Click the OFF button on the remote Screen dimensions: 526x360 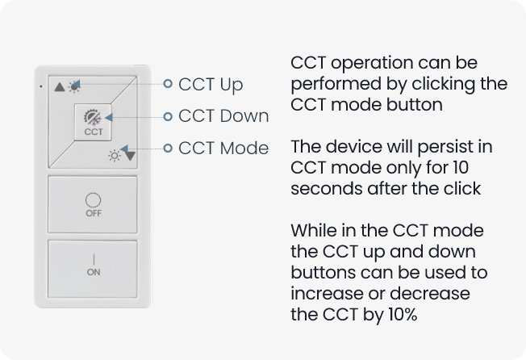pos(93,204)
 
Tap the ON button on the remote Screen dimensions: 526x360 pos(93,269)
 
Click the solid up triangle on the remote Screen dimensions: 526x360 pos(60,87)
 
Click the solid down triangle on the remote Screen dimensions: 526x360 pos(130,156)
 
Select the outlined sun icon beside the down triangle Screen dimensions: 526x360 pos(115,156)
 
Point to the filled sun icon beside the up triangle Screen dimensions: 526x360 pos(74,87)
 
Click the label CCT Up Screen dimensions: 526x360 pos(211,85)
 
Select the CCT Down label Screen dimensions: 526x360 pos(223,116)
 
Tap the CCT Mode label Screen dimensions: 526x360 pos(223,148)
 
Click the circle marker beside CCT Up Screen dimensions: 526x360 pos(168,83)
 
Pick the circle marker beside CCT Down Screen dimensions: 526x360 pos(168,116)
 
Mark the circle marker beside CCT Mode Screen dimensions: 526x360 pos(168,148)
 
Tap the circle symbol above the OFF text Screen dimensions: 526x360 pos(93,200)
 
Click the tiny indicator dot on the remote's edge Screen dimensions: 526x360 pos(41,86)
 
